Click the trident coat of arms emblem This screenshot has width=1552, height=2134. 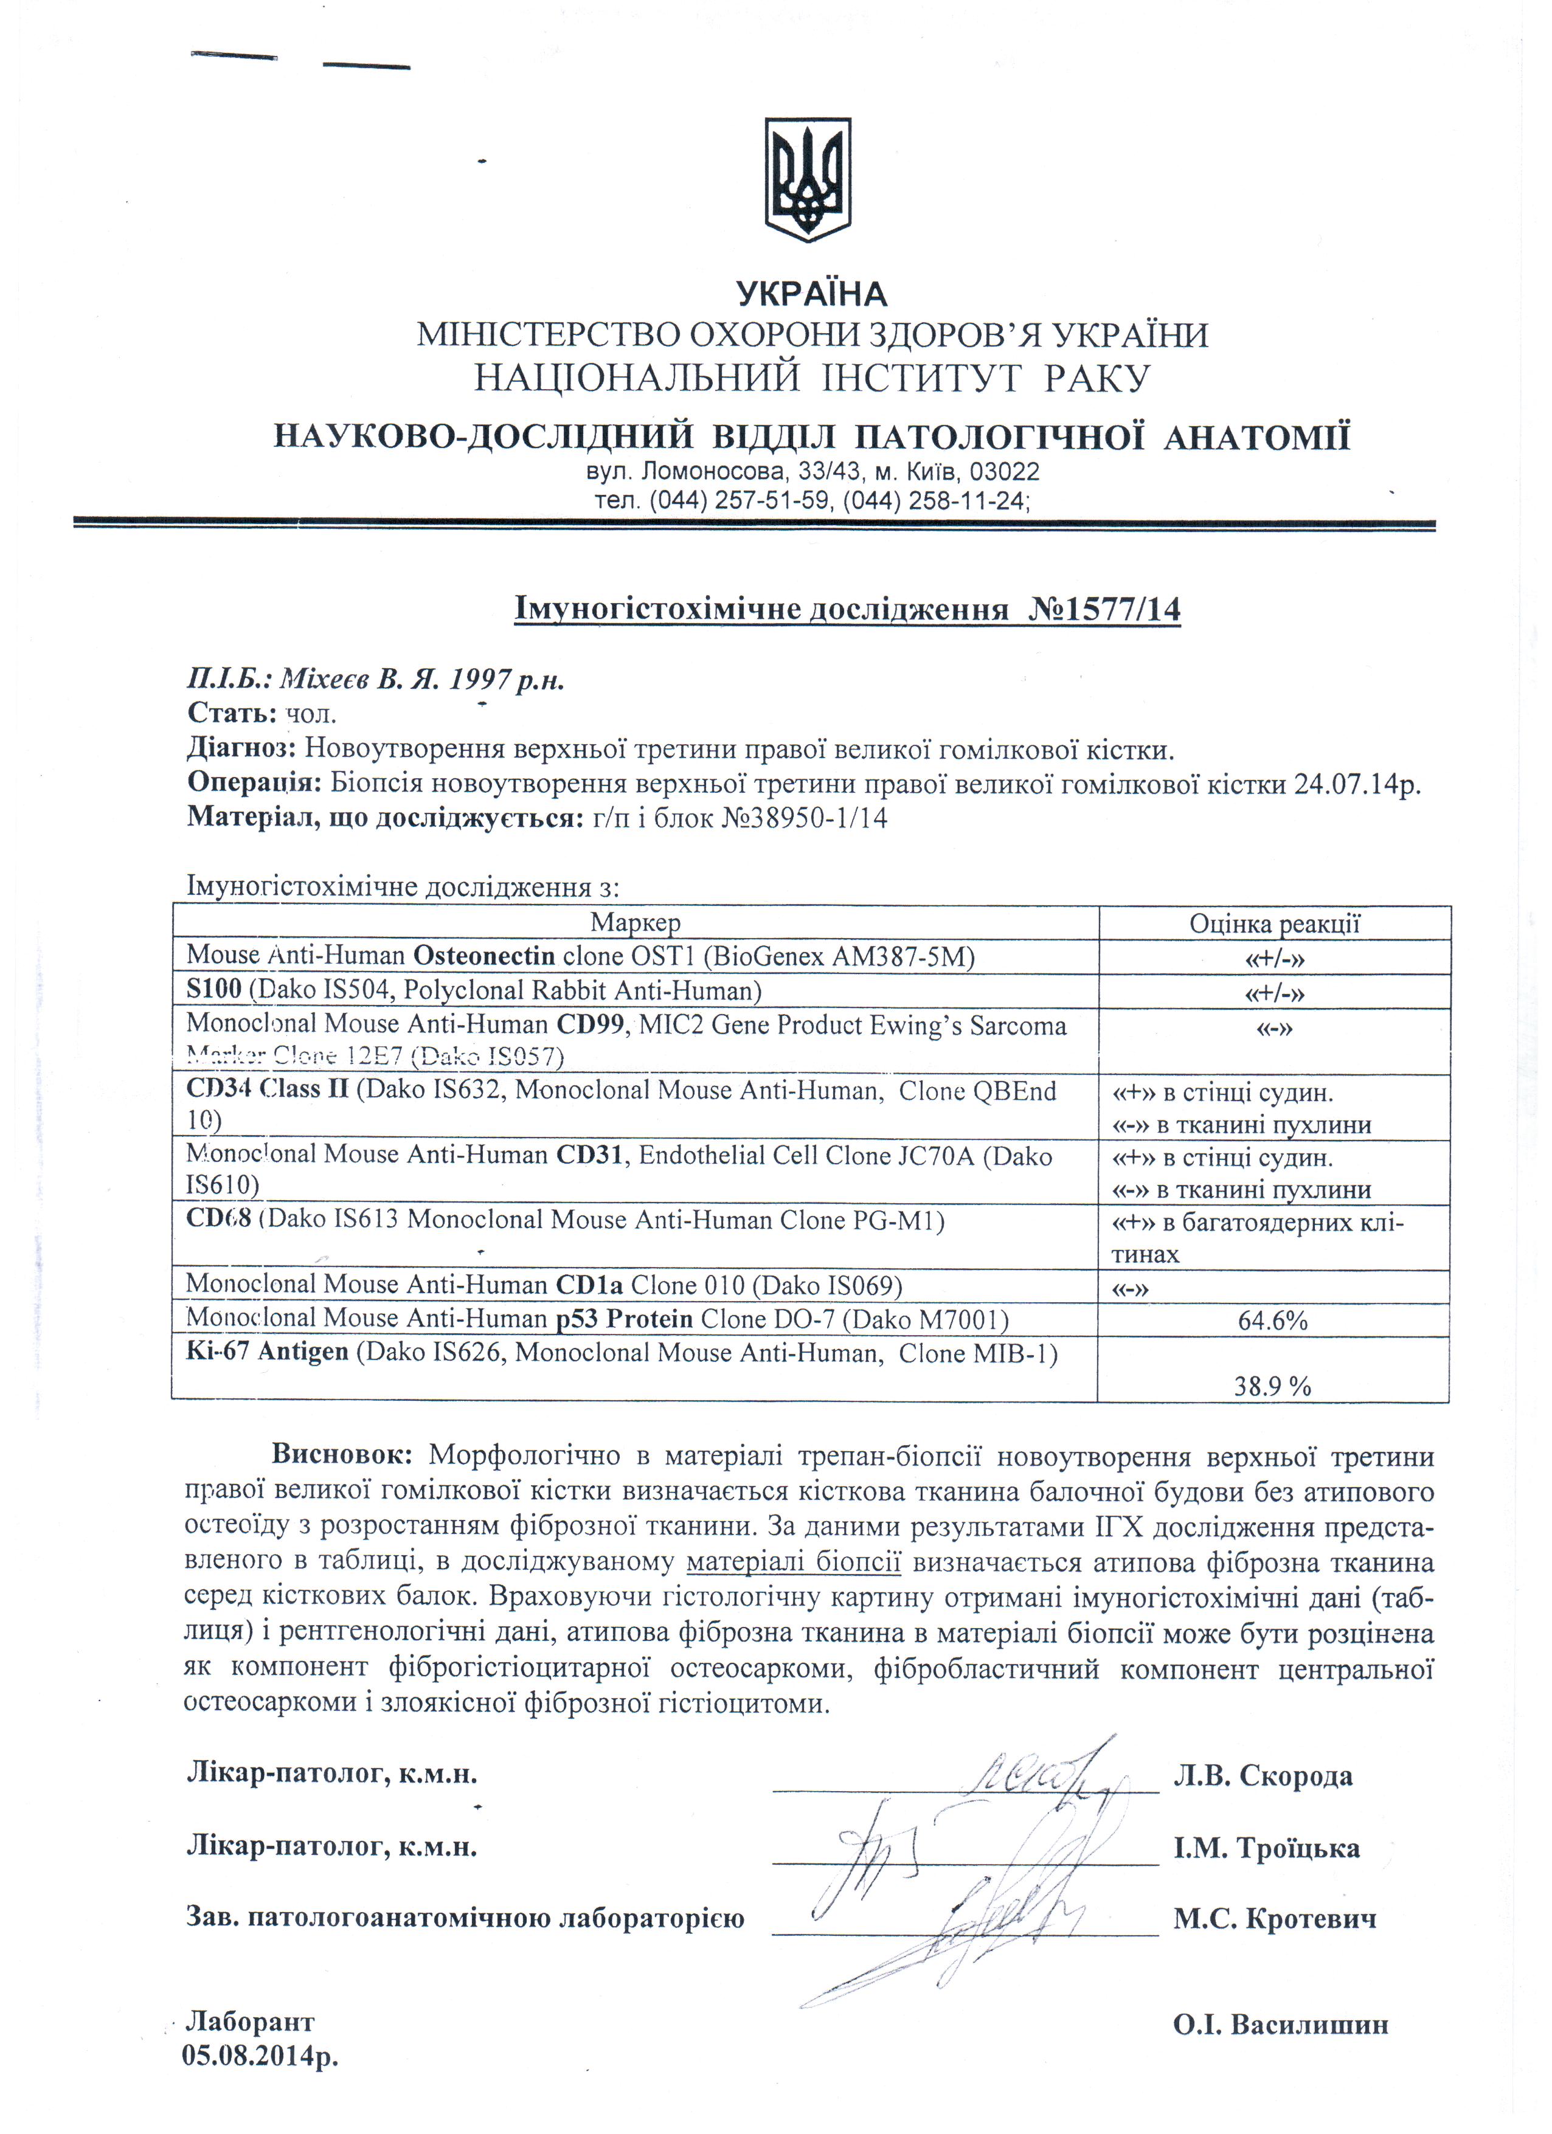[808, 179]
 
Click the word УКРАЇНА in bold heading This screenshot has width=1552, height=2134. [811, 294]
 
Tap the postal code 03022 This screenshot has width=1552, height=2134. [1004, 471]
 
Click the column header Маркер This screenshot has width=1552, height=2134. [636, 922]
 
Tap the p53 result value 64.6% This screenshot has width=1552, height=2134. [1272, 1321]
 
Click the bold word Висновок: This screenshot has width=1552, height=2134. [342, 1455]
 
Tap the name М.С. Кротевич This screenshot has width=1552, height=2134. [1274, 1919]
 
